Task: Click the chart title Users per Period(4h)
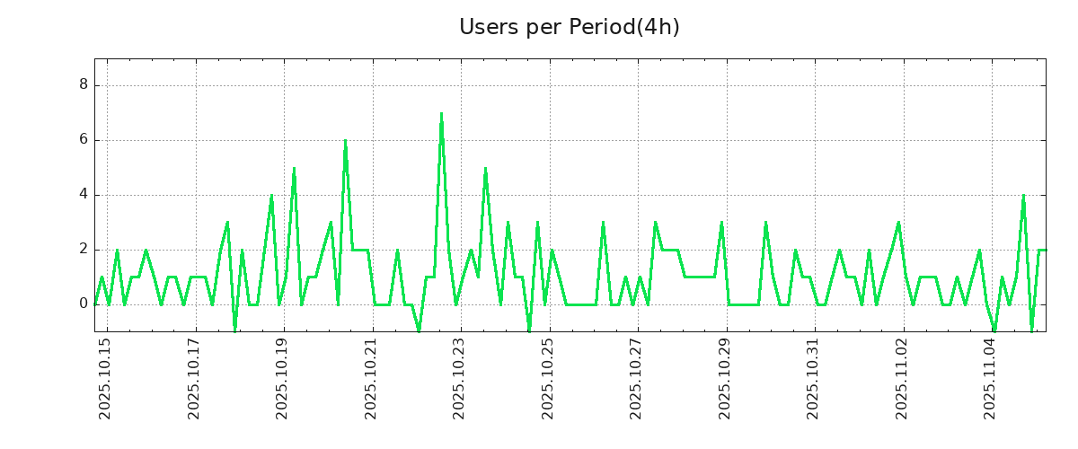(x=570, y=27)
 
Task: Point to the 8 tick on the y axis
(x=84, y=85)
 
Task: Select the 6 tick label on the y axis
(x=84, y=140)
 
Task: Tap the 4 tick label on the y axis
(x=84, y=195)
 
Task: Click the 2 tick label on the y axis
(x=84, y=250)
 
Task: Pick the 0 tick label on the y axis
(x=84, y=304)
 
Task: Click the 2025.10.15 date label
(x=105, y=378)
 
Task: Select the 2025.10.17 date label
(x=194, y=378)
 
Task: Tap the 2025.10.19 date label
(x=282, y=378)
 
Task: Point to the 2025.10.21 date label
(x=371, y=378)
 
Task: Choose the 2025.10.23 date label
(x=459, y=378)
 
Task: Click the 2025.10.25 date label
(x=548, y=378)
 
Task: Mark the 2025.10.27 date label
(x=636, y=378)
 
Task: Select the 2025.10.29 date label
(x=725, y=378)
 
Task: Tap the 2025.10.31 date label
(x=813, y=378)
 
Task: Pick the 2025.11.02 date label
(x=902, y=378)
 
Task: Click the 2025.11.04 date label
(x=990, y=378)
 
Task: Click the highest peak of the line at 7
(x=441, y=114)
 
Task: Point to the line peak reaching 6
(x=345, y=141)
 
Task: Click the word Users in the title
(x=485, y=27)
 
